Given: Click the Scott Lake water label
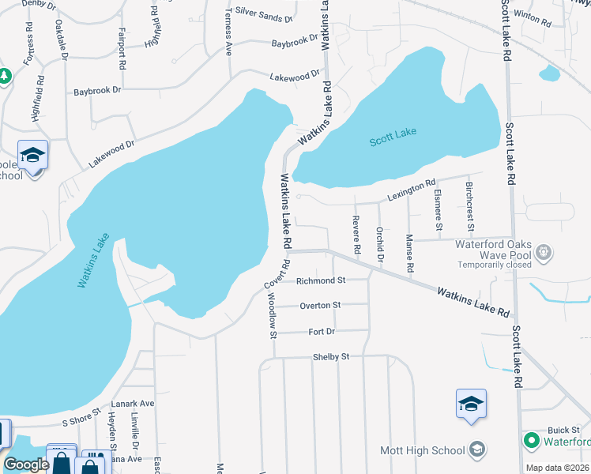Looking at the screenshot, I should coord(392,137).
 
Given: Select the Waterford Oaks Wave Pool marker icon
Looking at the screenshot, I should coord(543,254).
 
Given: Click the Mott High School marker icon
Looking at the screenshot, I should coord(476,450).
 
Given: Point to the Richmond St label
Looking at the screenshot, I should coord(321,280).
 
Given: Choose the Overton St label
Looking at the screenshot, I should coord(320,305).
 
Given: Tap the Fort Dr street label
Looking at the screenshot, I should coord(320,332).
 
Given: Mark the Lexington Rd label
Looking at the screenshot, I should coord(411,189).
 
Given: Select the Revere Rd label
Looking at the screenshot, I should coord(357,235).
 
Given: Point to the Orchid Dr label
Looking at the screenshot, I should coord(380,244).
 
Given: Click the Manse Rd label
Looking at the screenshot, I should coord(409,253).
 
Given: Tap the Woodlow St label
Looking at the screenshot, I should coord(272,315).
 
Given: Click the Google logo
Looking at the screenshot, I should coord(26,465).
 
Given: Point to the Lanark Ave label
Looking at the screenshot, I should coord(132,403).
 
